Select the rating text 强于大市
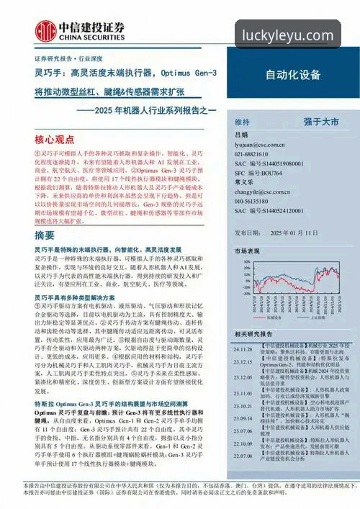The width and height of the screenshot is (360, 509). pos(320,122)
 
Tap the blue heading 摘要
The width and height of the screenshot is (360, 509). pos(45,235)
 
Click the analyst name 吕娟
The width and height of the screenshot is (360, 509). pos(240,135)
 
